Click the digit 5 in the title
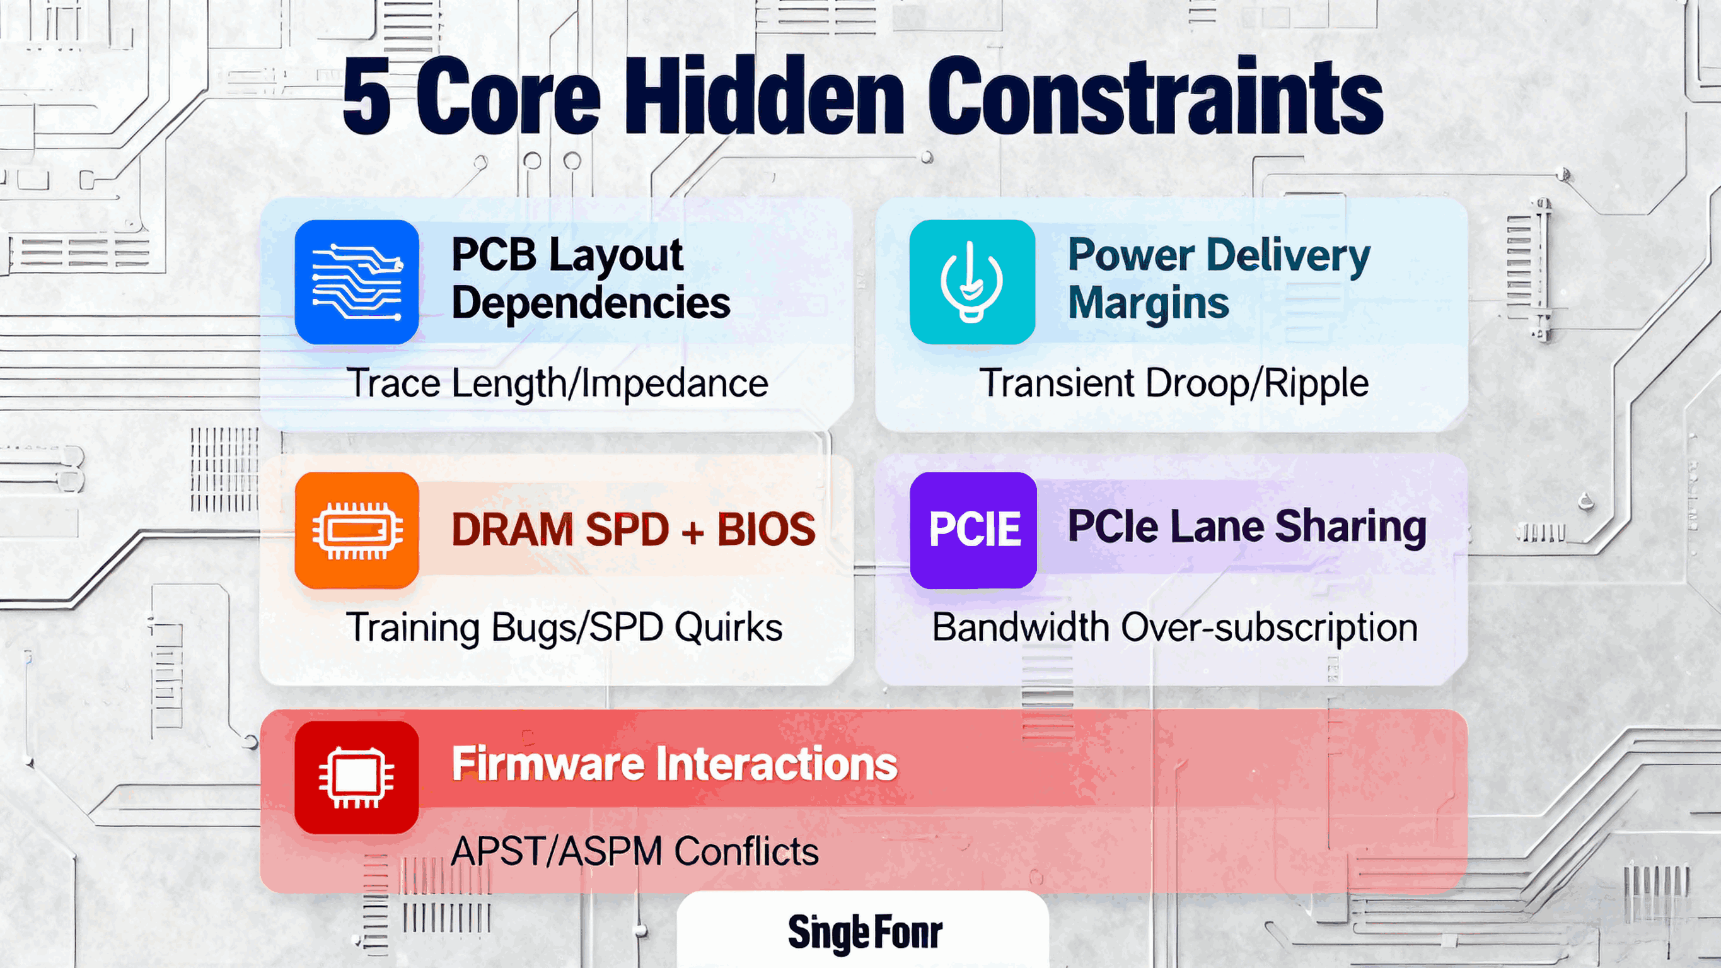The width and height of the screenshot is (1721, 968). tap(367, 97)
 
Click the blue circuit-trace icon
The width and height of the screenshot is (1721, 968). tap(357, 282)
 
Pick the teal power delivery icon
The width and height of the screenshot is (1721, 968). tap(972, 282)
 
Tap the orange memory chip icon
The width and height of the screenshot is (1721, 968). tap(357, 530)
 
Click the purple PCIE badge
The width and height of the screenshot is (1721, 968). tap(973, 530)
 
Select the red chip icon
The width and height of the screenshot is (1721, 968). tap(357, 778)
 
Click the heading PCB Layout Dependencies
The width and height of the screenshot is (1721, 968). tap(591, 279)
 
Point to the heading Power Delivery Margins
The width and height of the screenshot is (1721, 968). tap(1218, 279)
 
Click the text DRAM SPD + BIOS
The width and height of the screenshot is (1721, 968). tap(634, 530)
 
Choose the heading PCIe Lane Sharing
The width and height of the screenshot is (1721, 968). tap(1247, 527)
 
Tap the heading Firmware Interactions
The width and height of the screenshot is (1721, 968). tap(675, 764)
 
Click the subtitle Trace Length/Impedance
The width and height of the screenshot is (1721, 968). tap(557, 383)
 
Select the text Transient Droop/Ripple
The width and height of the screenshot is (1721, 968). tap(1174, 383)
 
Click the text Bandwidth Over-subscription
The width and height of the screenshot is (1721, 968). tap(1174, 627)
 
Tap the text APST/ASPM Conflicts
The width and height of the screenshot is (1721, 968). tap(635, 853)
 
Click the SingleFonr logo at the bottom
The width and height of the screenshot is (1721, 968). tap(864, 933)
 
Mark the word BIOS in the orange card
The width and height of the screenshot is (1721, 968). tap(767, 530)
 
